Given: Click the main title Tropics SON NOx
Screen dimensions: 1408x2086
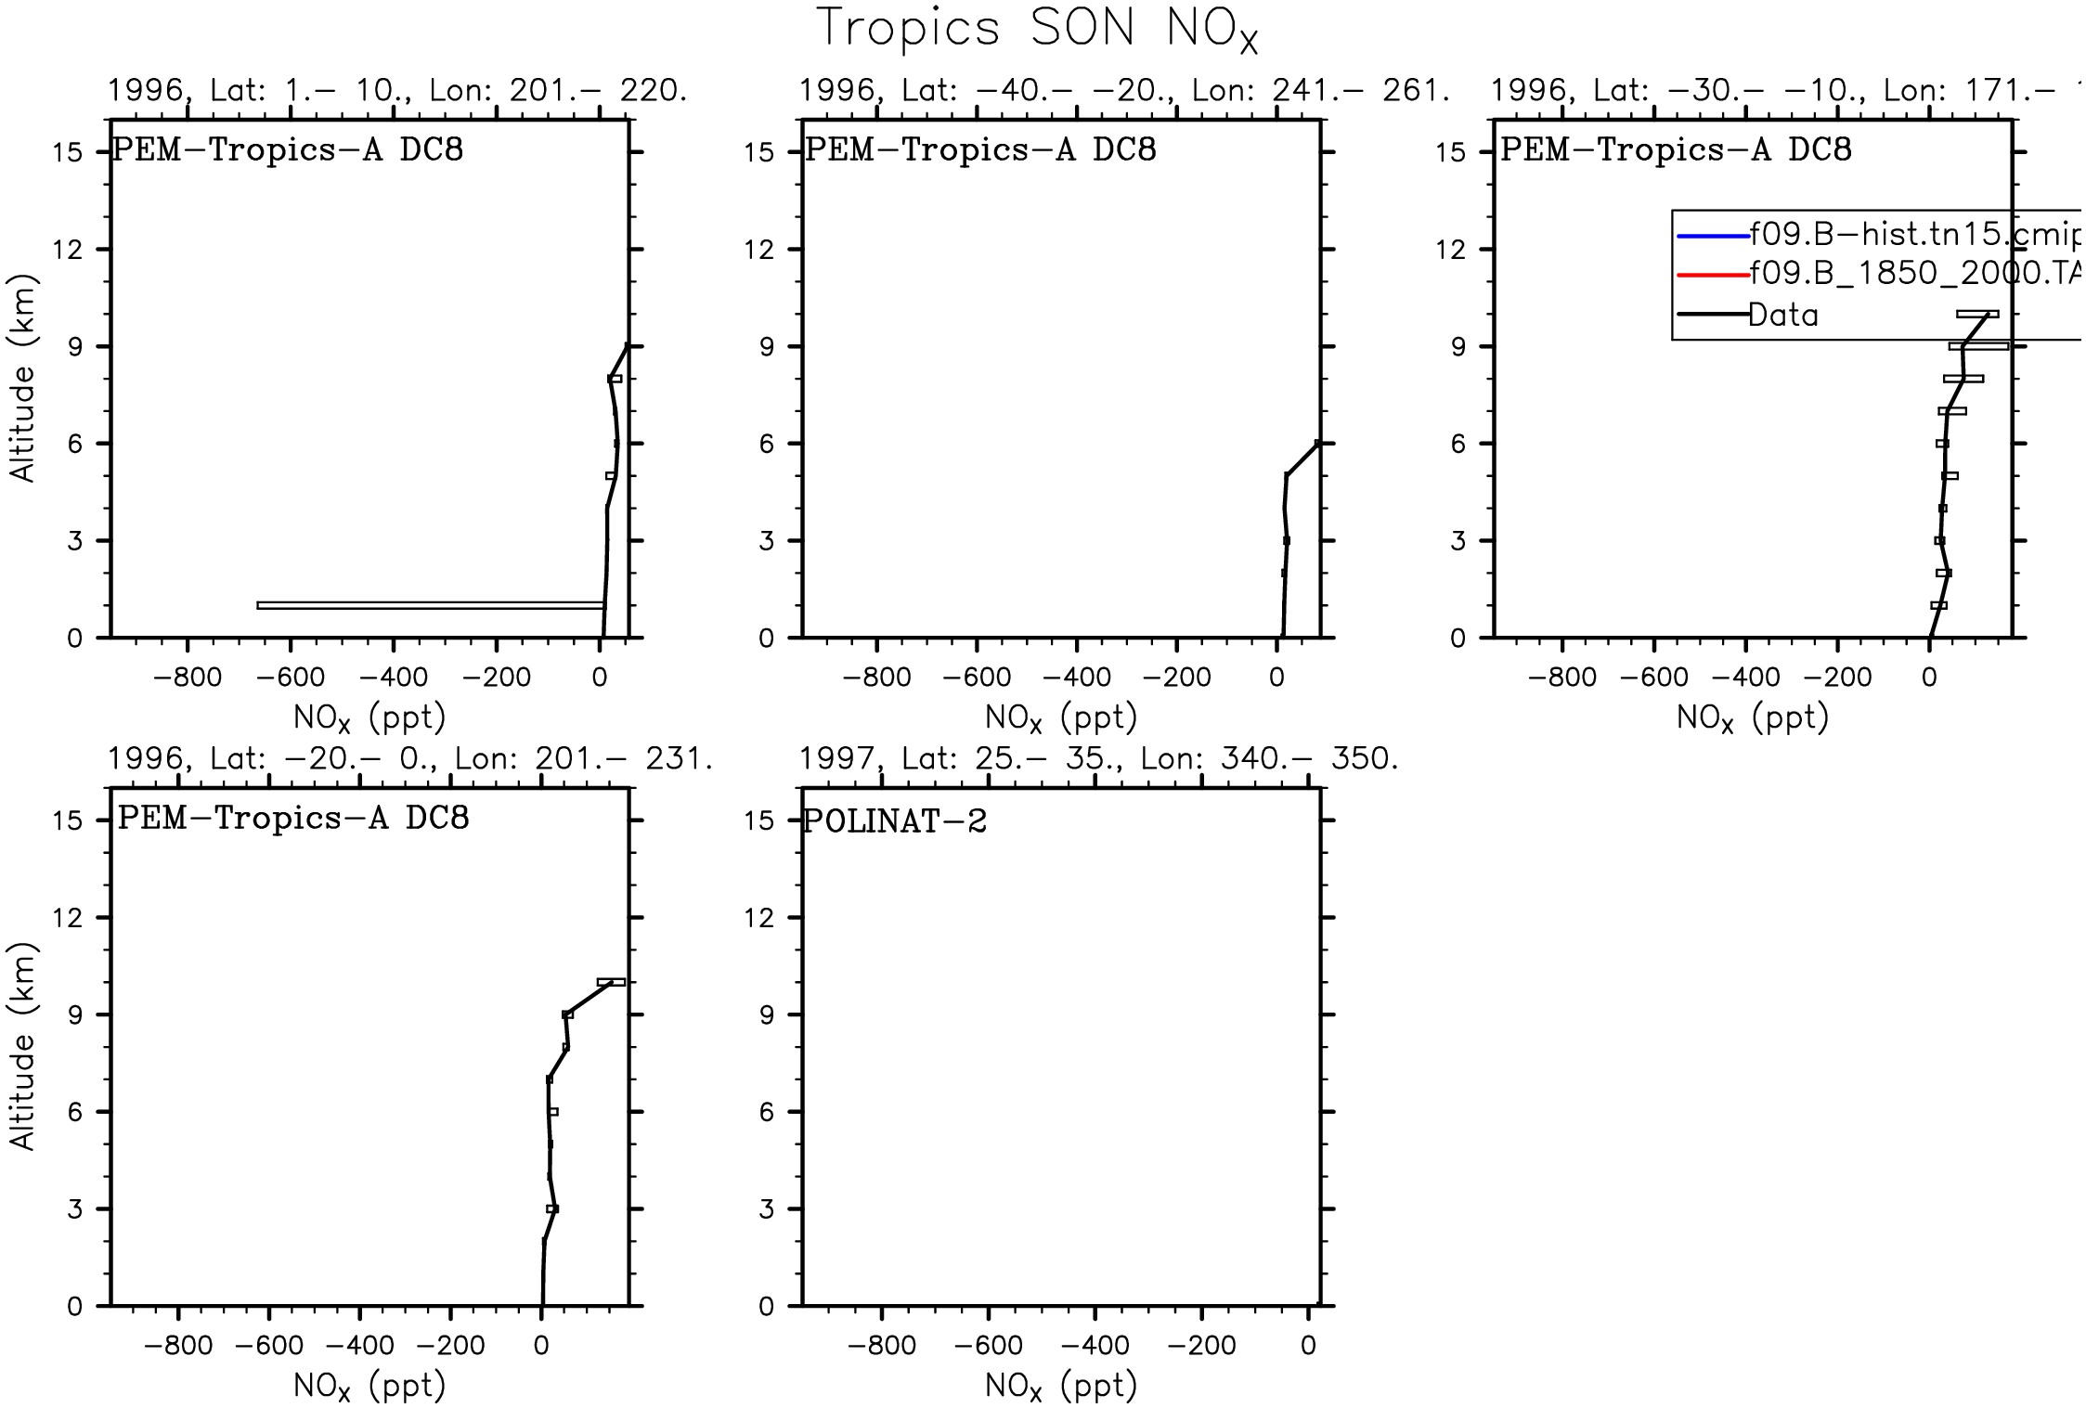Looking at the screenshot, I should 1036,29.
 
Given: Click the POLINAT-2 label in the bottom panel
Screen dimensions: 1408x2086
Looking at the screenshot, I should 895,821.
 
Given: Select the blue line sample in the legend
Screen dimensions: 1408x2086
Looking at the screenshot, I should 1713,237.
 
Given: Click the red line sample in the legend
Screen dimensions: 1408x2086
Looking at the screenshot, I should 1713,275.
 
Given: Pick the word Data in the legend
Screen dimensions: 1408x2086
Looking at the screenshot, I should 1783,316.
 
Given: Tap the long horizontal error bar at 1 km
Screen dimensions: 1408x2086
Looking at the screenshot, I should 430,605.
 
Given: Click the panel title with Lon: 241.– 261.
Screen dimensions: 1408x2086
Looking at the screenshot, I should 1123,91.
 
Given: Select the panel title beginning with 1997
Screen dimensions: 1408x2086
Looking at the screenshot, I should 1098,759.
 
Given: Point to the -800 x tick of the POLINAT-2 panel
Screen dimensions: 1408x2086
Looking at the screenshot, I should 881,1345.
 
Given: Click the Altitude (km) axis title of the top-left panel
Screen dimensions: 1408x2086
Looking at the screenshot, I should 22,378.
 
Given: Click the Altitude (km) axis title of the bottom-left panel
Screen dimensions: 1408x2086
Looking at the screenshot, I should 22,1046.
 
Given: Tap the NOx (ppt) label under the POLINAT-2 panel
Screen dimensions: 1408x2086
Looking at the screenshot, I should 1060,1386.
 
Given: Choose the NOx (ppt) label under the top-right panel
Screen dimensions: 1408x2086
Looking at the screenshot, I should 1752,717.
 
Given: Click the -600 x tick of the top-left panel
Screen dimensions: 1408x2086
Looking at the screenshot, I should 290,677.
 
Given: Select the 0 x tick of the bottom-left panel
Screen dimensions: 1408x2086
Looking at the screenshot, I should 541,1345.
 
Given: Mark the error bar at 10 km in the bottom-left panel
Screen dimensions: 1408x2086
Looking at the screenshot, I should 611,982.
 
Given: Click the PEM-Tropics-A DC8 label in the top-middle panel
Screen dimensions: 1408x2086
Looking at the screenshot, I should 980,150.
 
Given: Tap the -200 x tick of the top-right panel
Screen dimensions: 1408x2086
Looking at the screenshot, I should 1837,677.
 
